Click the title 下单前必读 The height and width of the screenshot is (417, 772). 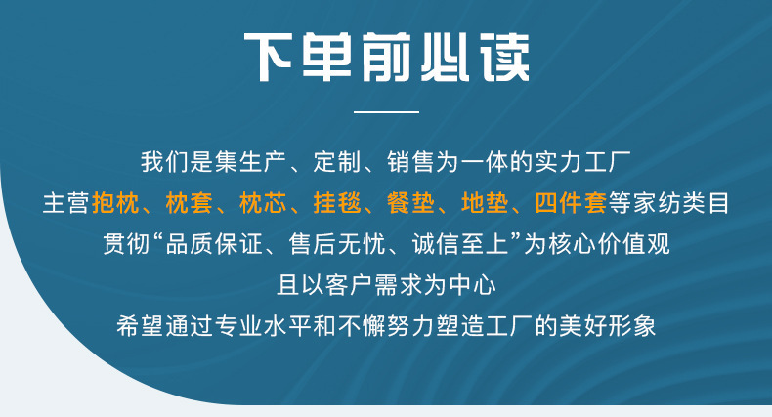click(386, 58)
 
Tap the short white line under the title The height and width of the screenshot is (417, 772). click(386, 113)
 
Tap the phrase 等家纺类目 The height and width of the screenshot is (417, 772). click(669, 204)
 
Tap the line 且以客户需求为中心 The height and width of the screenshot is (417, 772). click(387, 285)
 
